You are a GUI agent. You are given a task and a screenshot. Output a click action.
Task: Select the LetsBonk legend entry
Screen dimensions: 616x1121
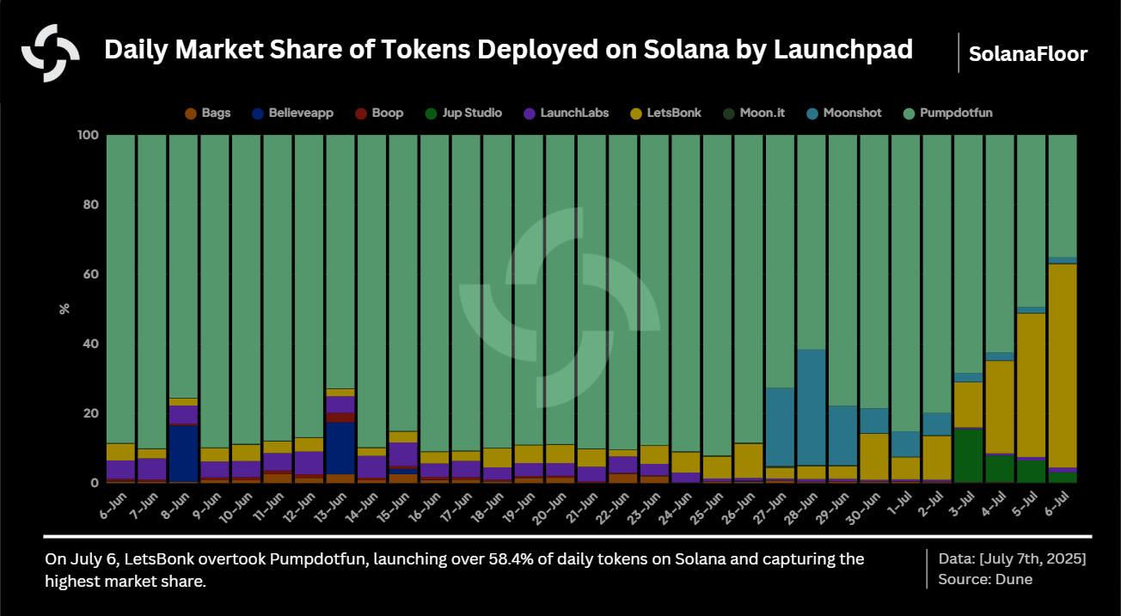pos(666,113)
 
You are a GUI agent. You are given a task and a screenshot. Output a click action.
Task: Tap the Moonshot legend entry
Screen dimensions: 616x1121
pos(844,113)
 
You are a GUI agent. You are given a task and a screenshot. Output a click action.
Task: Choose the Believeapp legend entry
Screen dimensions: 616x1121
pos(292,113)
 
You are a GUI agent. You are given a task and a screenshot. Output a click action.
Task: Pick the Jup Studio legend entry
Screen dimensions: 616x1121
pos(464,113)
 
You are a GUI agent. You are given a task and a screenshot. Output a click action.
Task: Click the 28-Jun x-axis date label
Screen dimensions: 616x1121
pos(805,506)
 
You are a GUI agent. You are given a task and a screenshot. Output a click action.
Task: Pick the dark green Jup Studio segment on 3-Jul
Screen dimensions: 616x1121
pos(968,455)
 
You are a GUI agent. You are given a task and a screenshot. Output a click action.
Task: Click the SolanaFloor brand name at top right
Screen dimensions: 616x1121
pos(1027,54)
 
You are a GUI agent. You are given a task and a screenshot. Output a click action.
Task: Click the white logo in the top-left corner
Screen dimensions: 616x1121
pos(51,53)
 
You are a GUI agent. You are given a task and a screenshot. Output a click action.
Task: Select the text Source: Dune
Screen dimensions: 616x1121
pos(985,579)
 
